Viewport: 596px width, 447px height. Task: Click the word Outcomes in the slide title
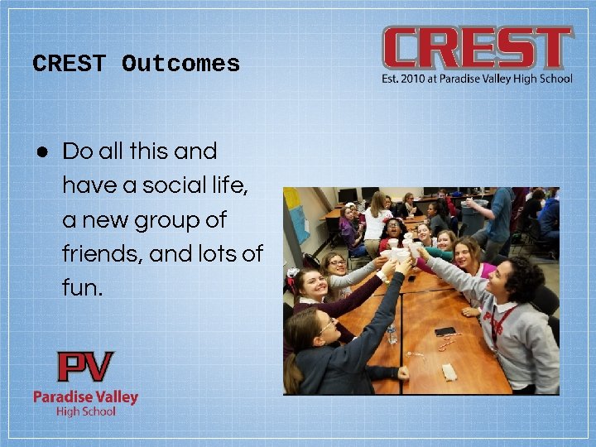click(180, 64)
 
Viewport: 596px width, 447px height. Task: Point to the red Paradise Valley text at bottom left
click(85, 397)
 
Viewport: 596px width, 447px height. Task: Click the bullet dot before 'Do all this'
click(41, 151)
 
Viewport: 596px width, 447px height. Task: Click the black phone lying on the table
click(445, 332)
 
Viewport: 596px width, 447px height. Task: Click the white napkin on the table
click(449, 372)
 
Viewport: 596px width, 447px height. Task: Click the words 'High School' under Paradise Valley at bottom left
click(85, 411)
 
